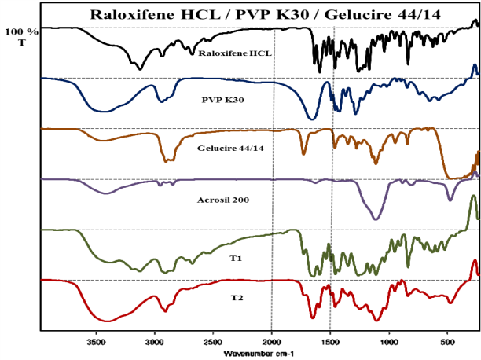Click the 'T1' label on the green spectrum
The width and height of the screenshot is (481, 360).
click(233, 256)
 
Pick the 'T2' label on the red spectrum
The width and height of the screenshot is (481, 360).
click(234, 298)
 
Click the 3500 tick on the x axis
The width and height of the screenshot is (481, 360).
click(97, 343)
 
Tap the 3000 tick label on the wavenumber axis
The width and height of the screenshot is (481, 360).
click(155, 343)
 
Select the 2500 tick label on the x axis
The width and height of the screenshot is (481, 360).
click(213, 343)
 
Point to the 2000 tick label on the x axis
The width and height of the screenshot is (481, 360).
click(272, 343)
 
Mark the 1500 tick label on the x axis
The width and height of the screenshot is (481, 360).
click(330, 343)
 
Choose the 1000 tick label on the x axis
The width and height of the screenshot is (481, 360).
click(389, 343)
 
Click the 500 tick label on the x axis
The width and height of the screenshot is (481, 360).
click(448, 343)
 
